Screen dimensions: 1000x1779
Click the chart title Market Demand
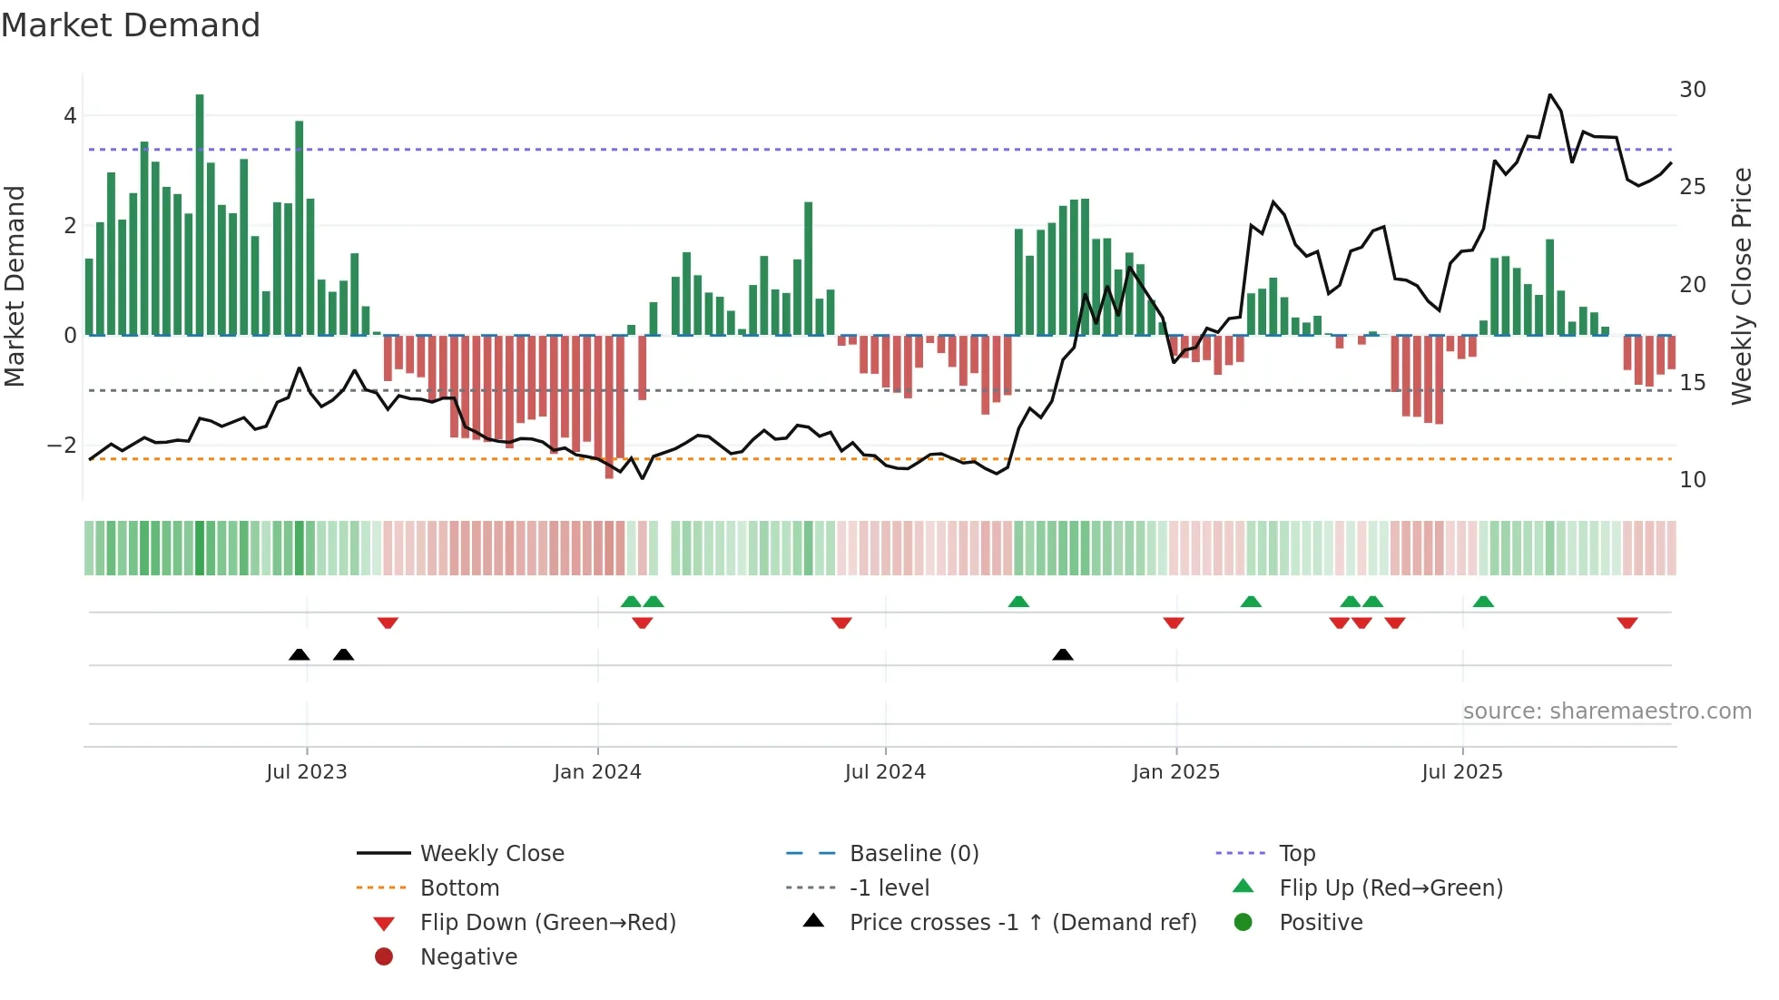point(131,25)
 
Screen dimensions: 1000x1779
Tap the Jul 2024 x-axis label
point(885,772)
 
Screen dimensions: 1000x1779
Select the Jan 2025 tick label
point(1175,772)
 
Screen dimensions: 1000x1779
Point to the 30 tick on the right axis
point(1692,90)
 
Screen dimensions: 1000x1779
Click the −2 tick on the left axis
point(62,445)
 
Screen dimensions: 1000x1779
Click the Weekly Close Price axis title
point(1741,286)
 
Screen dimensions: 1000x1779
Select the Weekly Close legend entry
point(491,853)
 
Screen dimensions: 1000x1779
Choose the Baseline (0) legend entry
point(913,853)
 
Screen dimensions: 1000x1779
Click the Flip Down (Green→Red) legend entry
point(547,923)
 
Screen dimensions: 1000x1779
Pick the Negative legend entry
point(468,957)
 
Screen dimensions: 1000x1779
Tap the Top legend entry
point(1296,853)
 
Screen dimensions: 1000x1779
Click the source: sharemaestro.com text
point(1607,711)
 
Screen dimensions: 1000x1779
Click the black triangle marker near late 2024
point(1063,654)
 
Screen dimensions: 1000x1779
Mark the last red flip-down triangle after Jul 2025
point(1627,623)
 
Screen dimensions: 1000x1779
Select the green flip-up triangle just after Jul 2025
point(1483,602)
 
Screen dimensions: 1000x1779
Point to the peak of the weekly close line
point(1550,95)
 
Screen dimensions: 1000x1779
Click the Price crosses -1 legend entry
point(1022,923)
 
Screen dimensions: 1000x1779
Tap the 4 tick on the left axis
point(70,116)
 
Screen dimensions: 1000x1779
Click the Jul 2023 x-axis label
point(306,772)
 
